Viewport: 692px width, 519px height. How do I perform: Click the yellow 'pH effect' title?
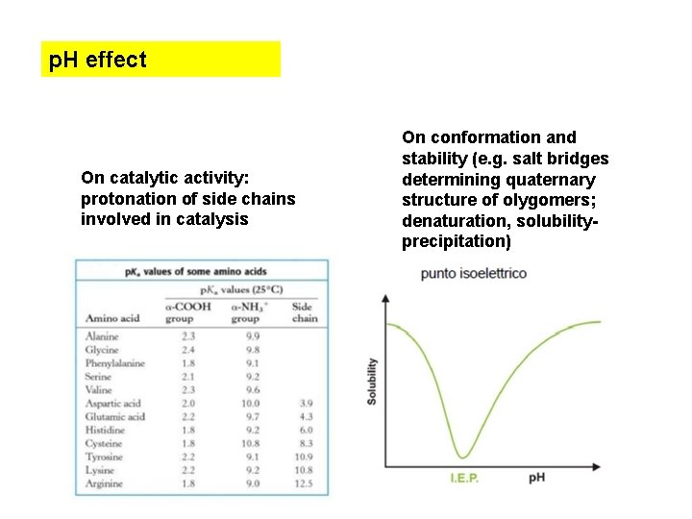point(98,60)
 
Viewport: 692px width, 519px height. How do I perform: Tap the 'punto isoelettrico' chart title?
point(473,274)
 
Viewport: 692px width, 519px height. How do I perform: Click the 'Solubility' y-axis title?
point(373,381)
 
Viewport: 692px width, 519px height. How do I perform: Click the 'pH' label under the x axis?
point(537,478)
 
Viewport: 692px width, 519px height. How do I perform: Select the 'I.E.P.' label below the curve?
point(465,479)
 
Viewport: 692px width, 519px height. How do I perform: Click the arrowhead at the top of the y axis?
point(386,298)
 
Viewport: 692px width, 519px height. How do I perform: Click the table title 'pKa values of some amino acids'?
point(195,272)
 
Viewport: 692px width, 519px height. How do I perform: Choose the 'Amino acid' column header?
point(112,318)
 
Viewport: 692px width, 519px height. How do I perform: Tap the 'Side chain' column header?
point(304,311)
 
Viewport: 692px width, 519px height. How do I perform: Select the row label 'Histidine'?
point(105,431)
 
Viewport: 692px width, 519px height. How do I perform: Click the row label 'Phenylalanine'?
point(115,363)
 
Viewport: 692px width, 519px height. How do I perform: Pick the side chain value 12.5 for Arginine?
point(306,484)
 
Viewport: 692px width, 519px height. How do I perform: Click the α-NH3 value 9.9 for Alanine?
point(252,336)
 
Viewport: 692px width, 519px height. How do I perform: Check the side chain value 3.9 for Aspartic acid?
point(306,404)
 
